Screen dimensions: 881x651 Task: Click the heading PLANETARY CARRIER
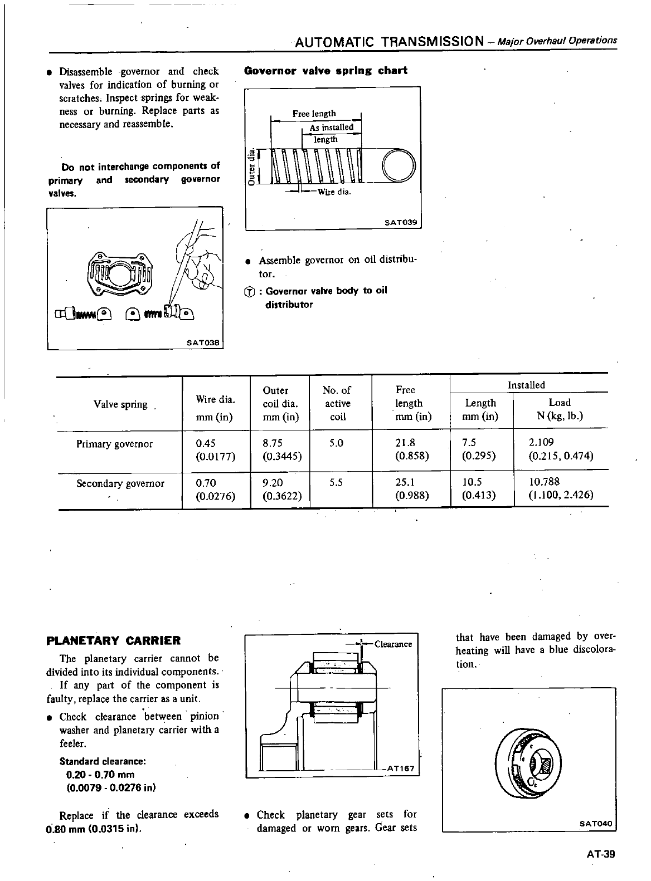[x=114, y=640]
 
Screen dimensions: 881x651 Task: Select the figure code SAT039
[x=401, y=222]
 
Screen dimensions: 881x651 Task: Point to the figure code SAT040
[x=596, y=823]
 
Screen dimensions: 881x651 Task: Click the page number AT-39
[x=600, y=854]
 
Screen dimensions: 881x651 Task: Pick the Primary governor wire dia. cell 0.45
[x=206, y=443]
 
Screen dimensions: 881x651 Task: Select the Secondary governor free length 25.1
[x=405, y=482]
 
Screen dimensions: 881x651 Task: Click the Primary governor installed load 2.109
[x=541, y=443]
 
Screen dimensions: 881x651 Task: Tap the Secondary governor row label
[x=120, y=483]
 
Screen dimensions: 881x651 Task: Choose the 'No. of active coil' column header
[x=337, y=403]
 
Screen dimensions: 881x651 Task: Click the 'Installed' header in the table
[x=526, y=385]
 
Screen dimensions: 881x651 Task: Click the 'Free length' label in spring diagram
[x=314, y=114]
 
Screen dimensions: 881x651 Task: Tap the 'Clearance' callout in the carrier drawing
[x=393, y=644]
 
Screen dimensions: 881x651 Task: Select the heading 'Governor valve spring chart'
[x=326, y=71]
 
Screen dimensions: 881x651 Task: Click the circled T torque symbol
[x=250, y=292]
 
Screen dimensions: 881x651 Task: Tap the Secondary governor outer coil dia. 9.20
[x=272, y=482]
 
